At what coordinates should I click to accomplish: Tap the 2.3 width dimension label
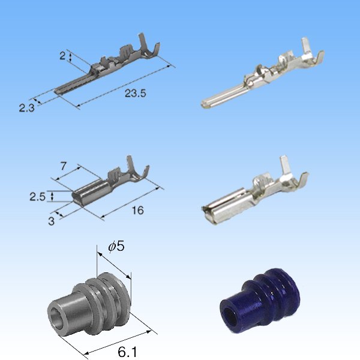click(26, 108)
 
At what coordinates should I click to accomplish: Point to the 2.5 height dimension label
click(38, 196)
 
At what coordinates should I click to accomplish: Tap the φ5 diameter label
click(115, 246)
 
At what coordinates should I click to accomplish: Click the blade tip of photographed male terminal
click(206, 104)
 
